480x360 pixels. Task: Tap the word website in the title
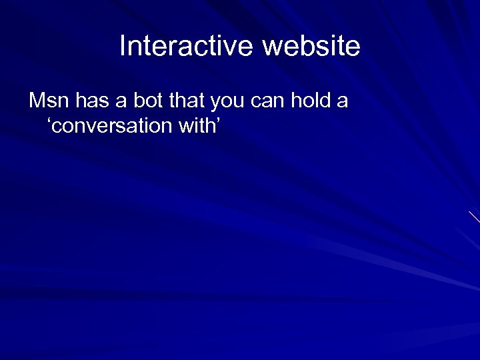point(311,47)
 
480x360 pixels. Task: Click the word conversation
point(107,125)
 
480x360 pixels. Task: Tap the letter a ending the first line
point(343,103)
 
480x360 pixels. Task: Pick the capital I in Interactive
point(123,47)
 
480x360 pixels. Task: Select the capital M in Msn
point(37,102)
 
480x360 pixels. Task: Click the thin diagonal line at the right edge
point(474,217)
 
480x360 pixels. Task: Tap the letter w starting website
point(271,48)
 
